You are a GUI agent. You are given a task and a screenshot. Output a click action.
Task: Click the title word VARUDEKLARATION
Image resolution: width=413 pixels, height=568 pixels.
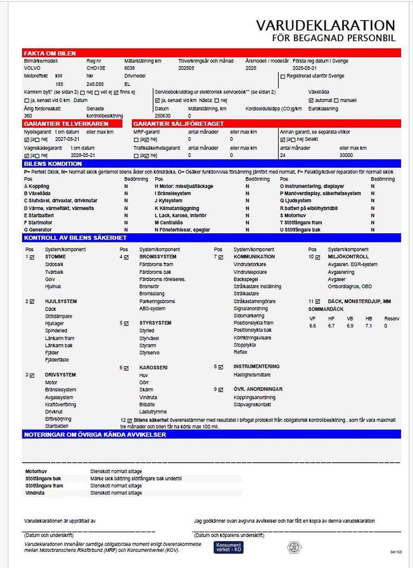(325, 25)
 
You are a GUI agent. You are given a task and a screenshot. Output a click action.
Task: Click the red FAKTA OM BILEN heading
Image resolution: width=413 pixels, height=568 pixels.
(50, 53)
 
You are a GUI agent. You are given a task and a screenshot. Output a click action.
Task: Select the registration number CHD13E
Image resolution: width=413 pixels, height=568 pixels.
(96, 68)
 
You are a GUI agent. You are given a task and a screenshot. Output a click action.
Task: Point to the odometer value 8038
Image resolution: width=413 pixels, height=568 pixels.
(129, 68)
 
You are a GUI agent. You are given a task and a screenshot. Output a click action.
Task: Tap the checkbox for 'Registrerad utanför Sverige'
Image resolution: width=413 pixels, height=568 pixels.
(283, 76)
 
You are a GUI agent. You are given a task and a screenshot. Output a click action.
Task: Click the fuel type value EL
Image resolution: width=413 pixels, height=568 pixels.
(127, 84)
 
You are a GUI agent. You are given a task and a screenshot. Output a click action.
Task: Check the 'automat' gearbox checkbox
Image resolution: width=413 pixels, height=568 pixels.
(311, 100)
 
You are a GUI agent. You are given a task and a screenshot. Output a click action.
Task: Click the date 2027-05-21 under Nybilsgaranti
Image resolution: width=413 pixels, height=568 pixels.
(67, 139)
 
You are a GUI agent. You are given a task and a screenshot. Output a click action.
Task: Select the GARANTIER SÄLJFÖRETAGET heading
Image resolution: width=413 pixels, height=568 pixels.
(178, 124)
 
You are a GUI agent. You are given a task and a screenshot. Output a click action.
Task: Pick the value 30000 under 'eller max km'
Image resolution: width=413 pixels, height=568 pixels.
(346, 155)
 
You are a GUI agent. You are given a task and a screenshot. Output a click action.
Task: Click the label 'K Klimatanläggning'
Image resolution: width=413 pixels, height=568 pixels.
(177, 208)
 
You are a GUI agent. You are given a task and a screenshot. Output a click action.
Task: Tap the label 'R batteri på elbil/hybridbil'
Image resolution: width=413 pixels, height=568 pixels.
(309, 208)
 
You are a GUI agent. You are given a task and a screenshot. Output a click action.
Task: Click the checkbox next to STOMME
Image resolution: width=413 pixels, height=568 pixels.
(32, 257)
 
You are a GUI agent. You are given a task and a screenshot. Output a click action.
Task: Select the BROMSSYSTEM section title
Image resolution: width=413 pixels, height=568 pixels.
(158, 257)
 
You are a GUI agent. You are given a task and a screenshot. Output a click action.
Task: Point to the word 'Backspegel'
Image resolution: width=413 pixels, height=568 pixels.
(246, 279)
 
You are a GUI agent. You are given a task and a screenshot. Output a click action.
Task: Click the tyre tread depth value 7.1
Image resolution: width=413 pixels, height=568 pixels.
(369, 326)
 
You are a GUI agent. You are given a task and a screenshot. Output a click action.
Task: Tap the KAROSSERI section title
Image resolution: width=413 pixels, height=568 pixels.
(153, 368)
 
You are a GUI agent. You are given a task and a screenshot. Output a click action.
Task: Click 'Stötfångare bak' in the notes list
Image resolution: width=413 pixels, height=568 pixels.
(43, 478)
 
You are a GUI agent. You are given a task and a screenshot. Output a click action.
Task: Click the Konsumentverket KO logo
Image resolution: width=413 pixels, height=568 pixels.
(228, 547)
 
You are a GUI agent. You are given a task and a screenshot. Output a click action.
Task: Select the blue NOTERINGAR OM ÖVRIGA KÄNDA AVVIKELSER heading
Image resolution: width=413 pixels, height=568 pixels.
(95, 434)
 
